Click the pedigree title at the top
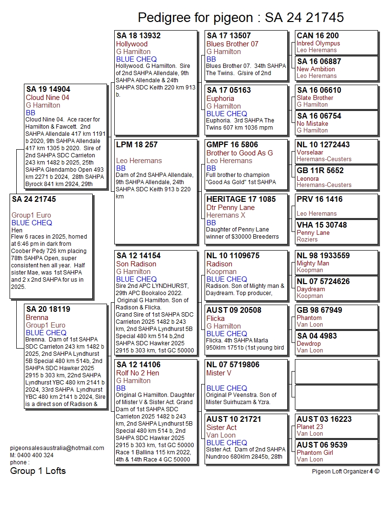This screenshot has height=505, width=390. pyautogui.click(x=241, y=18)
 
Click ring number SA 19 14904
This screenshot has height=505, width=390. pyautogui.click(x=48, y=89)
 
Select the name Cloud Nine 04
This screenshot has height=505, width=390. pyautogui.click(x=47, y=98)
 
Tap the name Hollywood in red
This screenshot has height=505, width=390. pyautogui.click(x=132, y=44)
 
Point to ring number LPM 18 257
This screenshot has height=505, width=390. pyautogui.click(x=137, y=144)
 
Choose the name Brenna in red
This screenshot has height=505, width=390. pyautogui.click(x=37, y=318)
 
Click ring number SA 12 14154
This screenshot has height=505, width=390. pyautogui.click(x=139, y=256)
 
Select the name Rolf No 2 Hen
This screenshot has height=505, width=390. pyautogui.click(x=138, y=373)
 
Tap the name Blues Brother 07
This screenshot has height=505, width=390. pyautogui.click(x=232, y=44)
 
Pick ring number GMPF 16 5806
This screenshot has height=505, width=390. pyautogui.click(x=232, y=145)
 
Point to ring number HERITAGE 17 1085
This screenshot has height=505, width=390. pyautogui.click(x=241, y=199)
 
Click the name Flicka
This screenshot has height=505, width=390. pyautogui.click(x=216, y=318)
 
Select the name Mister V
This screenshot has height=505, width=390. pyautogui.click(x=219, y=373)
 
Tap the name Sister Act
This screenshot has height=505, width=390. pyautogui.click(x=221, y=428)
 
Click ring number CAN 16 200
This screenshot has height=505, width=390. pyautogui.click(x=318, y=35)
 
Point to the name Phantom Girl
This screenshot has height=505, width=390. pyautogui.click(x=315, y=452)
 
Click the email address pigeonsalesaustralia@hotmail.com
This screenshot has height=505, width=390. pyautogui.click(x=57, y=448)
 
